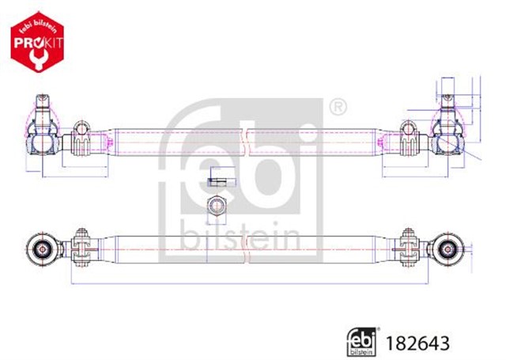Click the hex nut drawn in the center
click(215, 207)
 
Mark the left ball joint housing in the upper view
click(43, 140)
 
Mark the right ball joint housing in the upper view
click(447, 139)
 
